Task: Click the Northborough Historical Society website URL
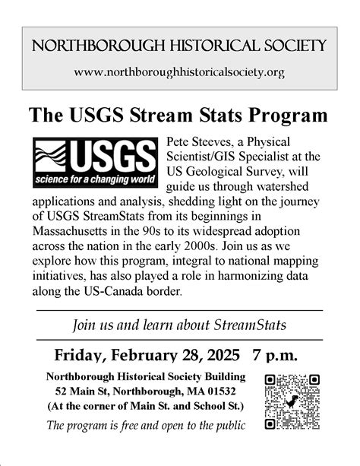[x=180, y=73]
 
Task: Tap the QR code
[x=292, y=401]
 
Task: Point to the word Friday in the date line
[x=81, y=355]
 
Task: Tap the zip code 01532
[x=226, y=392]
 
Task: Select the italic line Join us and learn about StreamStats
[x=179, y=325]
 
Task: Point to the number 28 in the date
[x=185, y=355]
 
